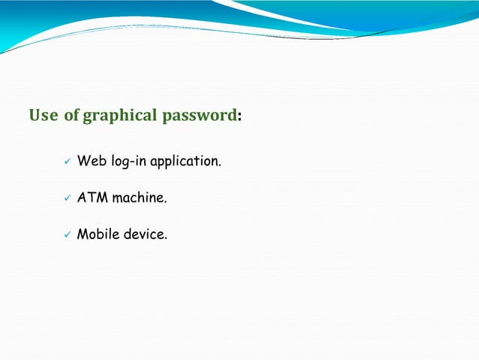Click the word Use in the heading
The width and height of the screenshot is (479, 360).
click(44, 116)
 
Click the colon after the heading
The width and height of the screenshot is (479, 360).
click(239, 118)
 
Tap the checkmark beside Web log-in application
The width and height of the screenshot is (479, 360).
click(66, 162)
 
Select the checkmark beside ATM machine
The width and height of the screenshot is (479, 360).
click(66, 198)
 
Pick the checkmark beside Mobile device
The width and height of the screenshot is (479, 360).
click(66, 235)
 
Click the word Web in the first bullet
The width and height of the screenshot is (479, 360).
click(92, 161)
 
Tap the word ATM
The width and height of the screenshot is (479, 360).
click(93, 198)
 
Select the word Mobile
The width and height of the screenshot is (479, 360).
click(99, 234)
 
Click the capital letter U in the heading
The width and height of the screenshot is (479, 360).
click(35, 116)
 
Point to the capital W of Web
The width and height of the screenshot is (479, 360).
click(83, 161)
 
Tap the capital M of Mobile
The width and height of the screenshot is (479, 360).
click(83, 234)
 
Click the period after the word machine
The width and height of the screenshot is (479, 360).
click(165, 202)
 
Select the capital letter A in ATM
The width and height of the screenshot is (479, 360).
click(82, 198)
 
